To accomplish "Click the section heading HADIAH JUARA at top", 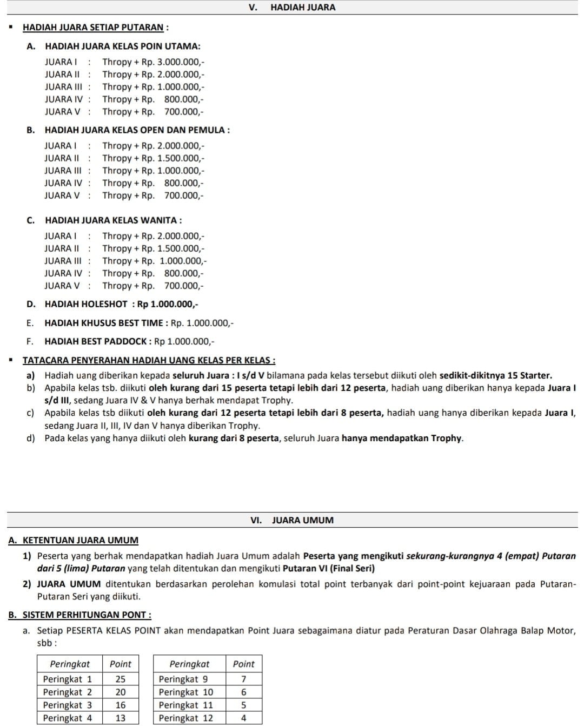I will (x=302, y=8).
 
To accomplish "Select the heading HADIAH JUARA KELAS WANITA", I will (x=113, y=220).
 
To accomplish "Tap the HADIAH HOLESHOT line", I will (x=121, y=305).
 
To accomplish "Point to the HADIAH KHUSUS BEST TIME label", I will (x=105, y=323).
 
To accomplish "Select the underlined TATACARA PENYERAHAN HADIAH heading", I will (x=149, y=361).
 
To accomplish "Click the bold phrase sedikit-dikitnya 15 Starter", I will (x=495, y=376).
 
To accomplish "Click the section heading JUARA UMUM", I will (x=302, y=521).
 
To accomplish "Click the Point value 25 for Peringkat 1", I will (x=121, y=679).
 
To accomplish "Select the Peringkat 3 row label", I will (x=68, y=705).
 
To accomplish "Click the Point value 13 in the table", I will (x=121, y=718).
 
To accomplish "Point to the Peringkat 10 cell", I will (x=186, y=692).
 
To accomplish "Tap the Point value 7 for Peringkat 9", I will (x=243, y=679).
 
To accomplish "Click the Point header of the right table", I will (x=243, y=664).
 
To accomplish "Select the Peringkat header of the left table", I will (x=70, y=664).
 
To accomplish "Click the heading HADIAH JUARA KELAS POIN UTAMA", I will (x=122, y=47).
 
